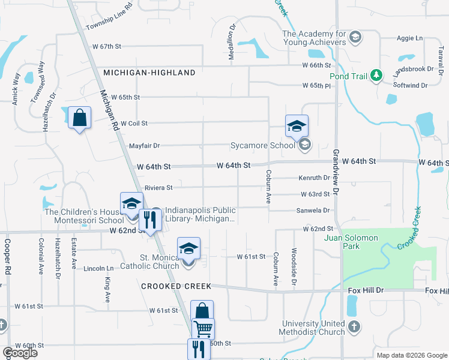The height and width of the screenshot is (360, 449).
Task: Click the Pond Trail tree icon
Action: click(376, 76)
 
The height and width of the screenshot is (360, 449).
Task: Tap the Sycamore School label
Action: click(263, 145)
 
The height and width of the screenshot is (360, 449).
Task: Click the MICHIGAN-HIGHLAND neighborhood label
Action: click(149, 73)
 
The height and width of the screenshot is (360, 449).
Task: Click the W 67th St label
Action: click(107, 46)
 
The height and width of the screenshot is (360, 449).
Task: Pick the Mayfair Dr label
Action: click(144, 146)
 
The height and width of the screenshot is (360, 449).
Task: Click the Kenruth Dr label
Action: click(315, 178)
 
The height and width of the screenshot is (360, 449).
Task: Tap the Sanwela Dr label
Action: click(313, 211)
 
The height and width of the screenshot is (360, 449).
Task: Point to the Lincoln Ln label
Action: click(98, 268)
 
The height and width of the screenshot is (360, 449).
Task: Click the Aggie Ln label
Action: click(410, 38)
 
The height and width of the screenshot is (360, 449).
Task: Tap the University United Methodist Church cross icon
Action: click(354, 327)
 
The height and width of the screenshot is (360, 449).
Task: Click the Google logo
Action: click(20, 353)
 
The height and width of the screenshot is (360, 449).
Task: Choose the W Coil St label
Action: click(134, 123)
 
